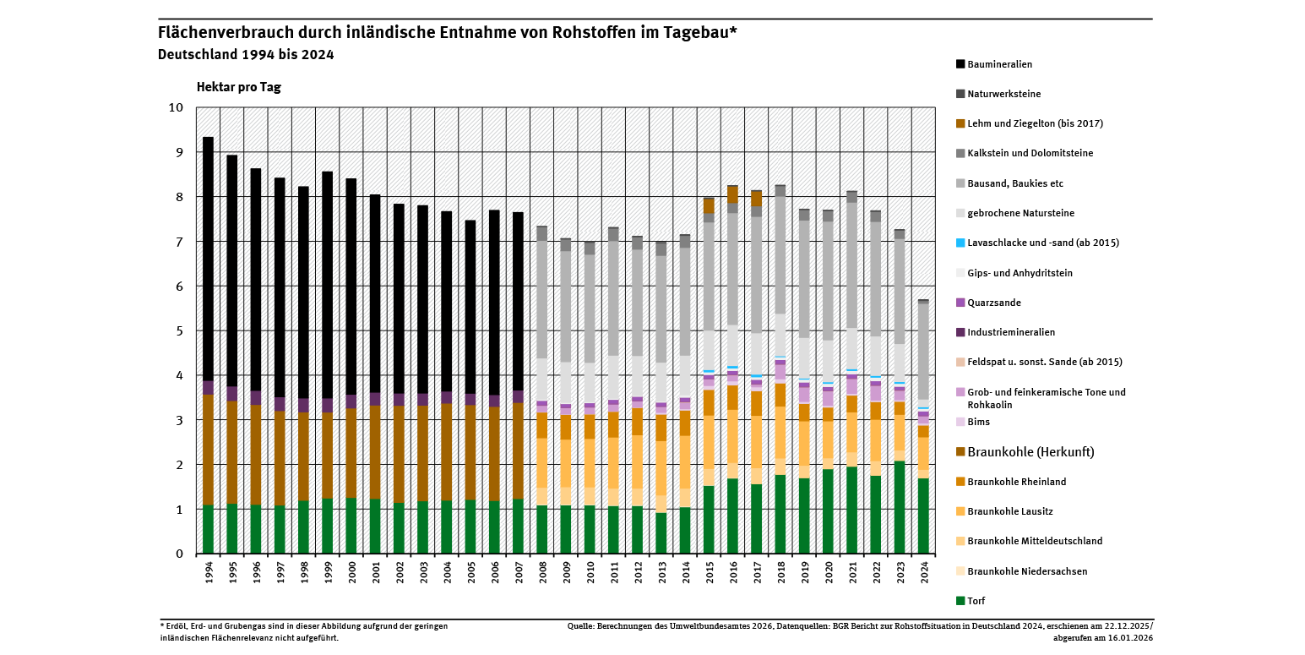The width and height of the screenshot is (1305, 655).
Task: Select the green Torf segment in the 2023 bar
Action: click(900, 507)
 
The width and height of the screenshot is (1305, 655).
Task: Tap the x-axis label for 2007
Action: click(519, 572)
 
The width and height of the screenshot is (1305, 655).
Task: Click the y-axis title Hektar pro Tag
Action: click(238, 87)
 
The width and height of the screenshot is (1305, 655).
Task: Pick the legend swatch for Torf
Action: click(960, 601)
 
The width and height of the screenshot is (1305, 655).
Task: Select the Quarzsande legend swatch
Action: click(960, 303)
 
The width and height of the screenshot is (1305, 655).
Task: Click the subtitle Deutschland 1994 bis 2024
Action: click(246, 55)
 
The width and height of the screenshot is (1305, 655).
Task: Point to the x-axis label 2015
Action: click(710, 572)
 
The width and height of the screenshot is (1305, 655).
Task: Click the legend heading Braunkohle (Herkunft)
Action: click(1030, 452)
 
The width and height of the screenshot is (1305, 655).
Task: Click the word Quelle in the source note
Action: click(581, 626)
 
